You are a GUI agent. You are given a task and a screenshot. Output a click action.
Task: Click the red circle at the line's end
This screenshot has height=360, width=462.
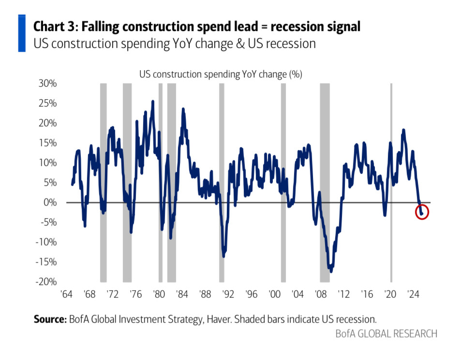click(x=422, y=212)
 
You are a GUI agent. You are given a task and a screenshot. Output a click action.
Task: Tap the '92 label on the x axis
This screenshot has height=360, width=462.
click(x=228, y=294)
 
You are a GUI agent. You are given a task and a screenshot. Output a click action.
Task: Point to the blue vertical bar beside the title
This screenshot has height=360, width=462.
click(x=22, y=33)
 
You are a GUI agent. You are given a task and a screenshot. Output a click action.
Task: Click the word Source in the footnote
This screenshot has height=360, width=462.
click(x=50, y=319)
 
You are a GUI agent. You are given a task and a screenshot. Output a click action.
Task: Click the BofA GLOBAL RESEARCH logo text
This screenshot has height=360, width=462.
click(x=386, y=334)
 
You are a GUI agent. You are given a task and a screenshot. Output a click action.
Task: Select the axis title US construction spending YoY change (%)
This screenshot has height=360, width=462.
click(x=221, y=75)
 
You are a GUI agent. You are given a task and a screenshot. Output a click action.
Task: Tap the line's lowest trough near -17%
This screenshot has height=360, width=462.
click(x=331, y=271)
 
